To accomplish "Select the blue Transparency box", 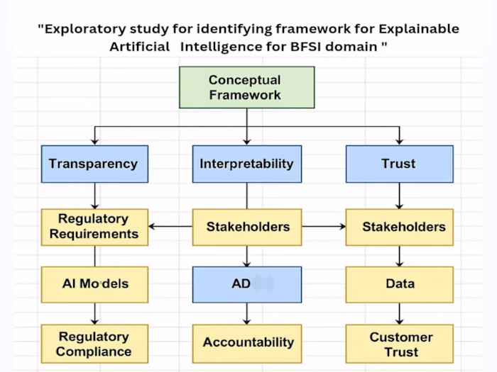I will pos(94,164).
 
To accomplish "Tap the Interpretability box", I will pos(246,164).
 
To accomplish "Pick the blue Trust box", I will pos(398,164).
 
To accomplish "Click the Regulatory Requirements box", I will pos(94,227).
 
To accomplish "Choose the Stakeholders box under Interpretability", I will pos(247,227).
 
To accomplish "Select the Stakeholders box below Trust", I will pos(399,227).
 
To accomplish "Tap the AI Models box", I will pos(94,284).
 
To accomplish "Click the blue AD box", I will pos(246,284).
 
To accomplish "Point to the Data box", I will pos(399,284).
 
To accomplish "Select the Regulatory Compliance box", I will pos(94,344).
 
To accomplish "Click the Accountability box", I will pos(247,343).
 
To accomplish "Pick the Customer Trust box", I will pos(399,344).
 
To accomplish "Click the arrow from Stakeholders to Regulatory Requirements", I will pos(170,227).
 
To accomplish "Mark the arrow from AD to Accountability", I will pos(247,313).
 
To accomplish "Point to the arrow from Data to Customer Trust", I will pos(399,313).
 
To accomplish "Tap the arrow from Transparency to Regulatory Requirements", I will pos(94,195).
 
